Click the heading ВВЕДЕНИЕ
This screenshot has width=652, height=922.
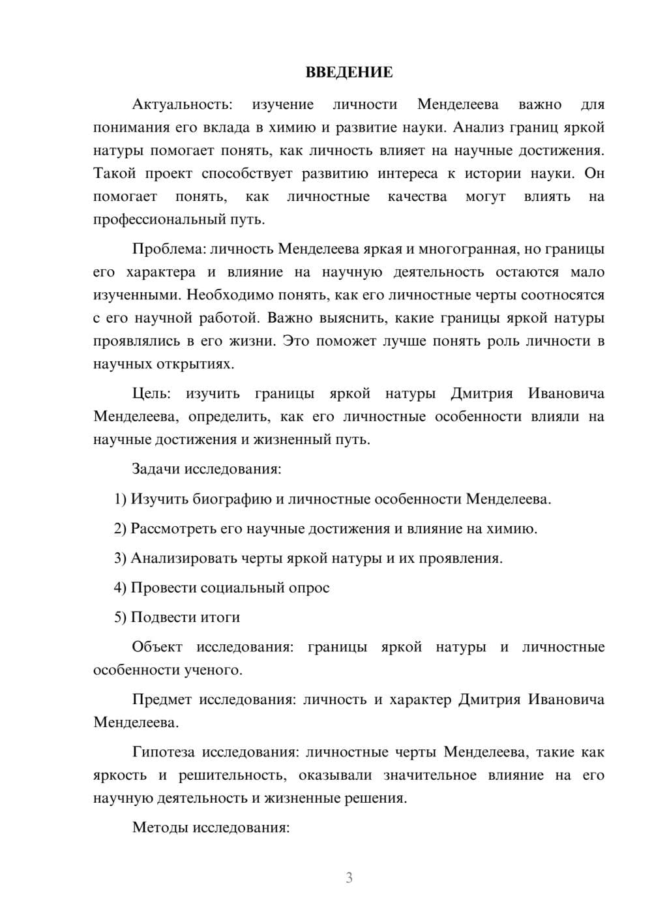pos(349,72)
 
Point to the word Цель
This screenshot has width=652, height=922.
pos(151,394)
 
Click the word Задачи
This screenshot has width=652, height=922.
pos(156,469)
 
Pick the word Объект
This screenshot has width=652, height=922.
pos(156,647)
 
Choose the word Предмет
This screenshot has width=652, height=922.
pos(162,700)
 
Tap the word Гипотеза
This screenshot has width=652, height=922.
pos(163,752)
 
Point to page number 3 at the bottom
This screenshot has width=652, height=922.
pos(349,878)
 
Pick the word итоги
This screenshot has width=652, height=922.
pos(222,617)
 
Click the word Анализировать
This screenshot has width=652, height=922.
pos(185,559)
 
